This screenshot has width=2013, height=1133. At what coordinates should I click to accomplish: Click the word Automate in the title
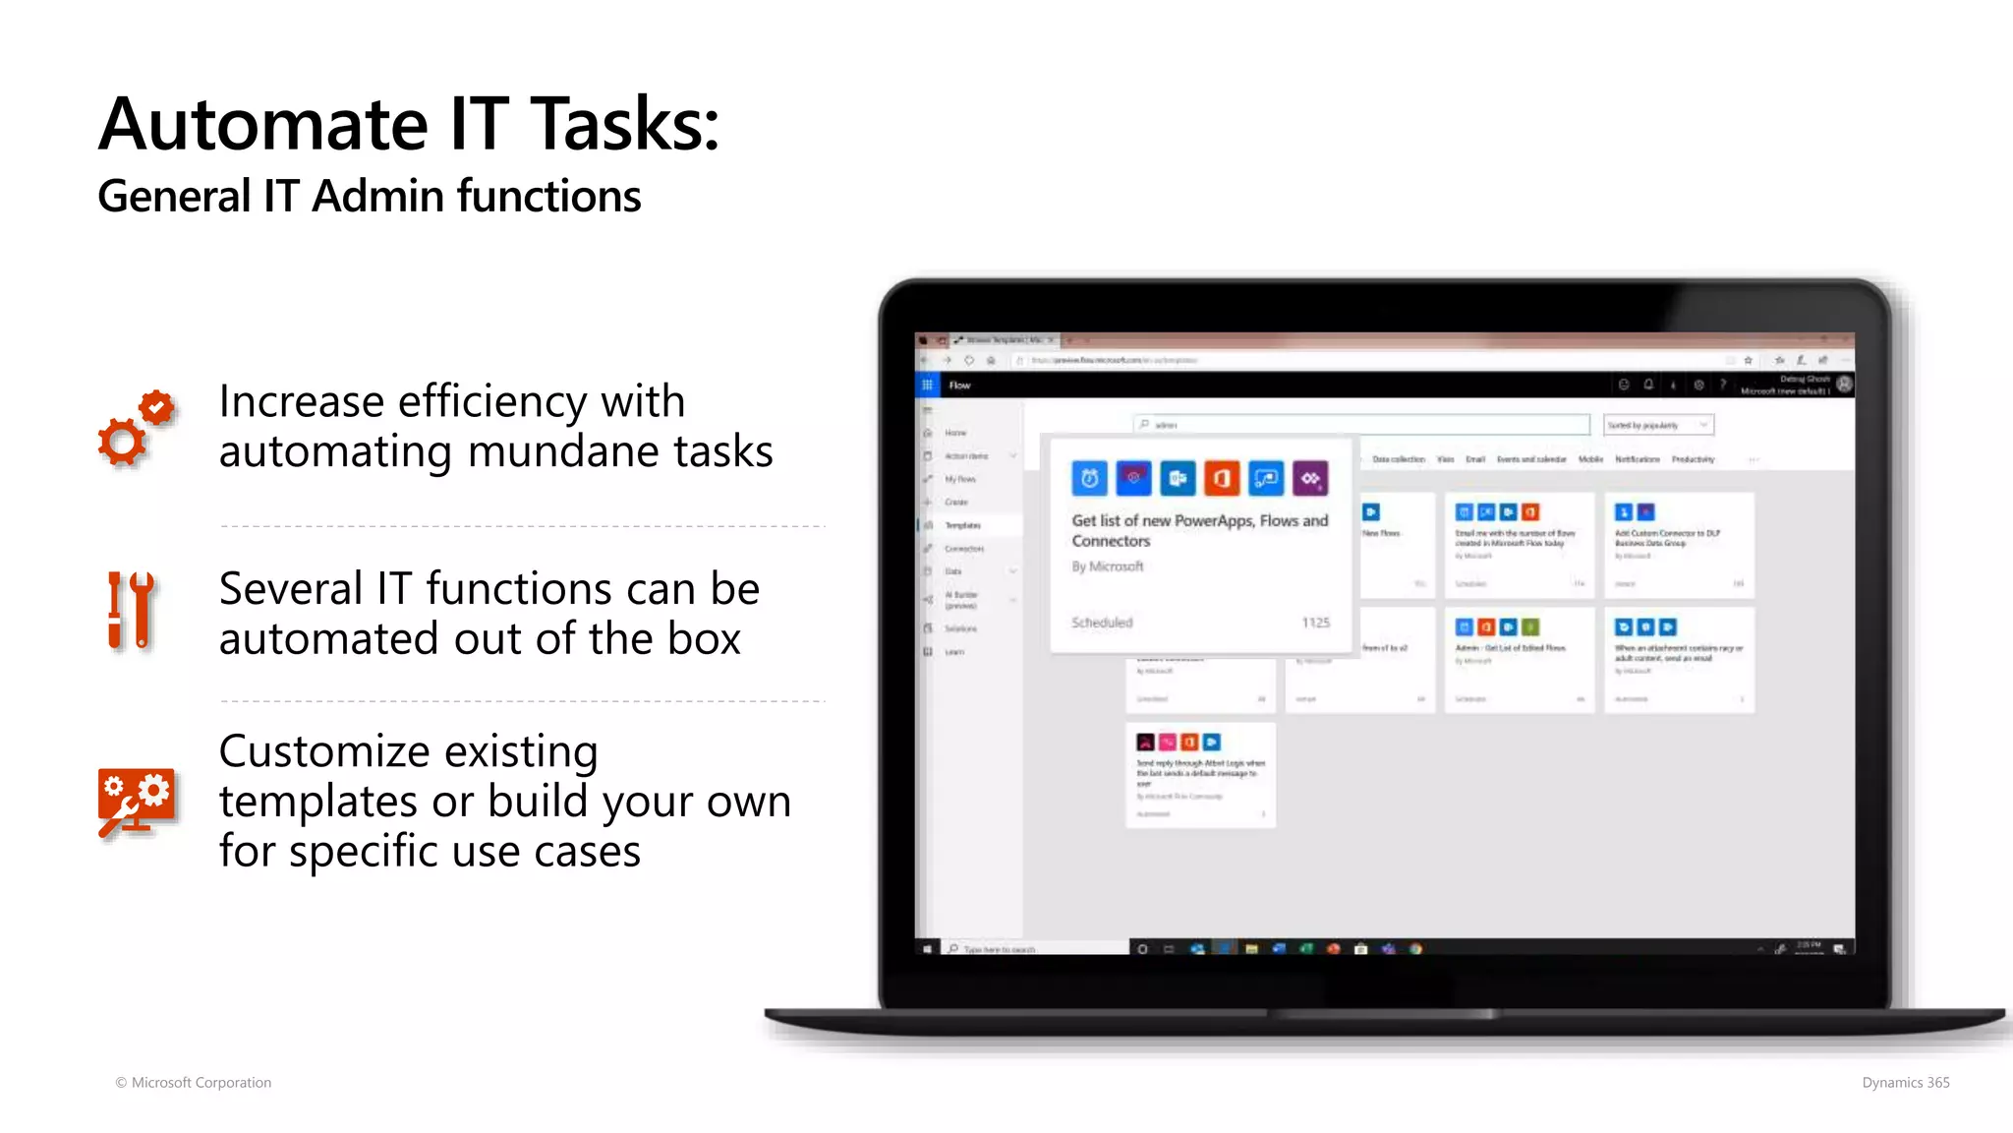click(x=263, y=125)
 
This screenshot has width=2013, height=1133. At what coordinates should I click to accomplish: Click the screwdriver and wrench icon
click(x=131, y=611)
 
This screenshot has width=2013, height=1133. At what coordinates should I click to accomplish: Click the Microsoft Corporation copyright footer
click(x=194, y=1082)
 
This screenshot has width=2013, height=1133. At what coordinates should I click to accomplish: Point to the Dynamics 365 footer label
click(x=1905, y=1082)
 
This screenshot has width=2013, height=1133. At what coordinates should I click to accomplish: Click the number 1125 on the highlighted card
click(x=1315, y=623)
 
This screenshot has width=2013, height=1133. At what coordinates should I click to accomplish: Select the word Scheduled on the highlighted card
click(x=1102, y=623)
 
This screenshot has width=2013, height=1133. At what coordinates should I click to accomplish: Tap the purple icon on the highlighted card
click(x=1310, y=479)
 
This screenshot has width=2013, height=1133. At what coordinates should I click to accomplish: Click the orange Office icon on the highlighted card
click(x=1222, y=479)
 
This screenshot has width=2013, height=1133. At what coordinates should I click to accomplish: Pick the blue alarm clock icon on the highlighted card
click(x=1089, y=479)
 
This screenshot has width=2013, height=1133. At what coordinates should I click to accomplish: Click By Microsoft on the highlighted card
click(x=1108, y=566)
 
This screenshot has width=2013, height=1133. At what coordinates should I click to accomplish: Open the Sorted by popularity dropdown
click(x=1658, y=425)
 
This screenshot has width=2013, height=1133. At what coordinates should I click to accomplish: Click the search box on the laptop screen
click(x=1361, y=425)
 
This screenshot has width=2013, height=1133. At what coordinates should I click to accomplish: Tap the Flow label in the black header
click(x=960, y=386)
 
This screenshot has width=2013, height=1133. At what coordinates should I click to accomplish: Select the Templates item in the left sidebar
click(x=962, y=525)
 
